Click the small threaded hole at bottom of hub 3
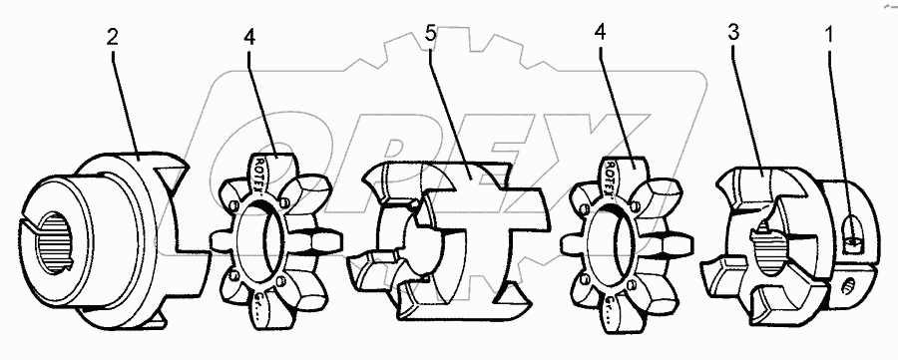coord(849,289)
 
